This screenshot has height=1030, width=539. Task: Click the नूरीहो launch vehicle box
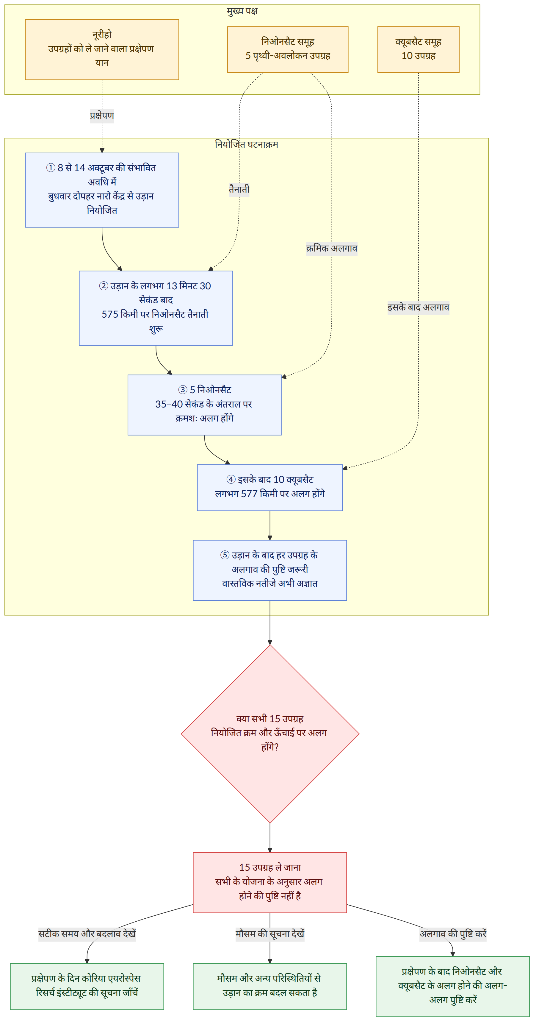[x=102, y=50]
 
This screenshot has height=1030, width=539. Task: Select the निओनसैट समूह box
[x=288, y=50]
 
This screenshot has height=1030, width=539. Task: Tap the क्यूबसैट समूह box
[x=418, y=50]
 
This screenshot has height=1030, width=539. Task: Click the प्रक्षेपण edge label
[x=102, y=116]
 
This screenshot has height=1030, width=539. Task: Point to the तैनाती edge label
[x=239, y=190]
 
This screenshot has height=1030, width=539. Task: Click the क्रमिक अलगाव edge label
[x=332, y=248]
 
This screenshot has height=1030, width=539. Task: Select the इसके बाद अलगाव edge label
[x=418, y=308]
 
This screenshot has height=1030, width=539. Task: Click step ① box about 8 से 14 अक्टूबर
[x=102, y=190]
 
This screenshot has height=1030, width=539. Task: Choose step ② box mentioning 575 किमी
[x=156, y=308]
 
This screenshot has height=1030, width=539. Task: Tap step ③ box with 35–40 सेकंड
[x=205, y=405]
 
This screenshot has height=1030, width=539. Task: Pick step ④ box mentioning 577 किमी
[x=270, y=487]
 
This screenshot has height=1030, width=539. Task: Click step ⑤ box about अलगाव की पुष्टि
[x=270, y=570]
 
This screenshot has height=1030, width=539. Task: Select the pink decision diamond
[x=270, y=734]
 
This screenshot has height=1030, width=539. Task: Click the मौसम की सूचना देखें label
[x=270, y=934]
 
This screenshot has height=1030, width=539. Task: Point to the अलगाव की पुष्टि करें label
[x=453, y=934]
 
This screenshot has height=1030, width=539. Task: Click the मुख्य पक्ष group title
[x=242, y=11]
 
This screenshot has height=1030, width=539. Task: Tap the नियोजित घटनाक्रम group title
[x=247, y=144]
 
